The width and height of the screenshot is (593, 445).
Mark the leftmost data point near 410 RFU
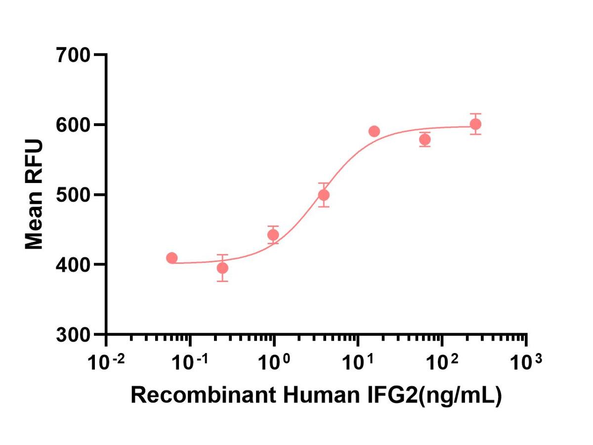click(172, 258)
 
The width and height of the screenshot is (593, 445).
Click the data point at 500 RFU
click(324, 195)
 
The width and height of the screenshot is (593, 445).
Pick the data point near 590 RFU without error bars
click(374, 132)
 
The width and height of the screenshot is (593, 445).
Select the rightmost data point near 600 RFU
click(475, 124)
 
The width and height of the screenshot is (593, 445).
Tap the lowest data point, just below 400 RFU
click(223, 268)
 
